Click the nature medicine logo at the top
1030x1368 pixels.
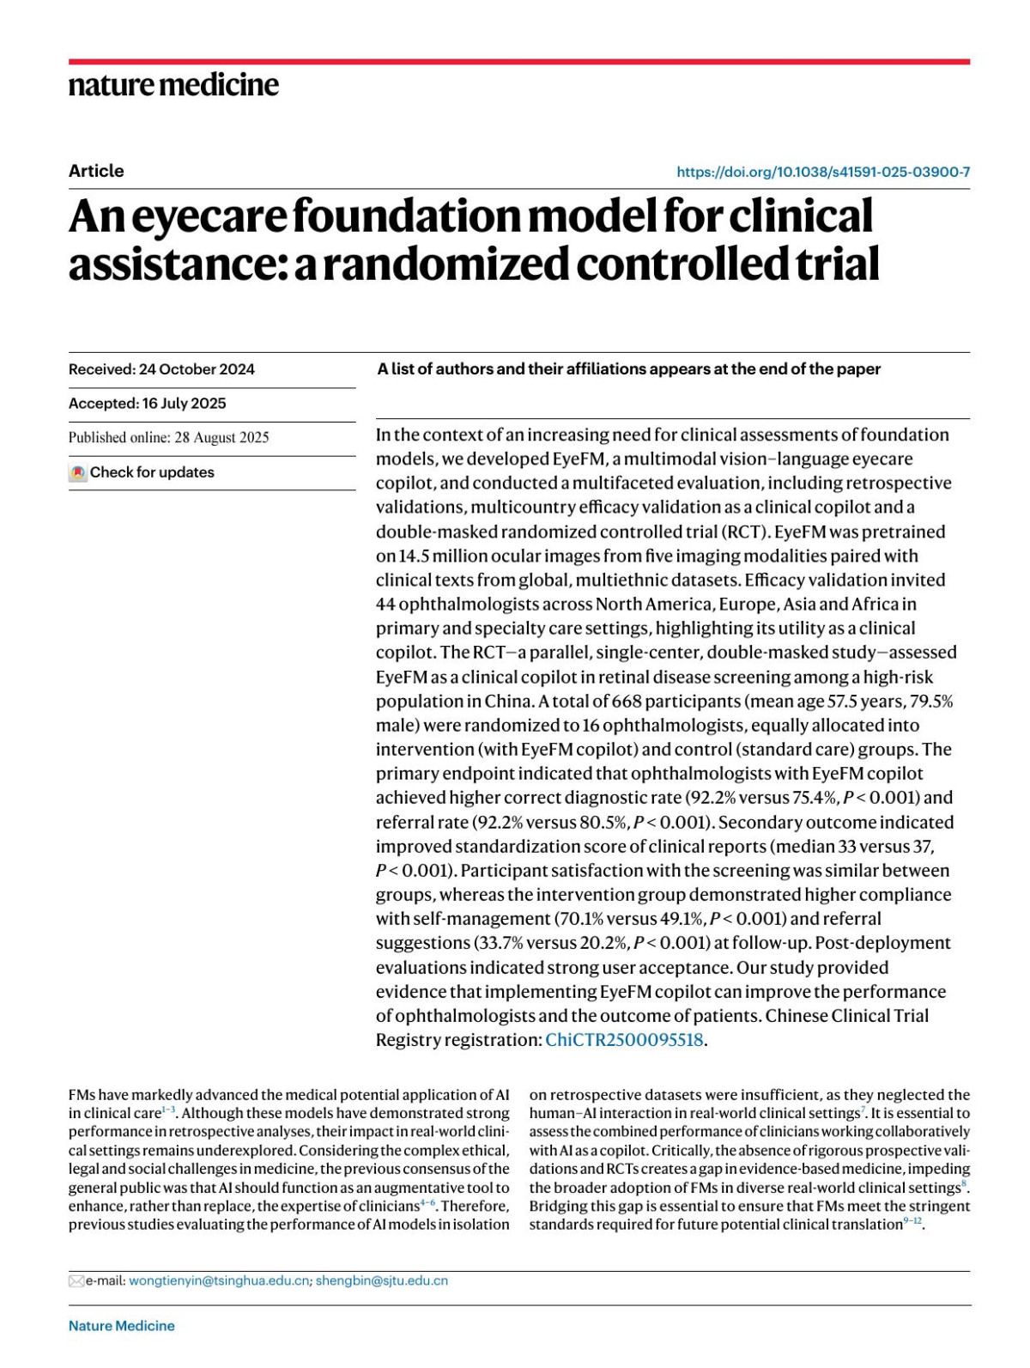click(173, 85)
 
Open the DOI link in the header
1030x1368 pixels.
click(823, 172)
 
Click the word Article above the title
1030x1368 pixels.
click(96, 171)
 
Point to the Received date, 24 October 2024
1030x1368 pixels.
click(197, 369)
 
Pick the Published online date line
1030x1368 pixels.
click(169, 438)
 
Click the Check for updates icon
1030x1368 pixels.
click(78, 473)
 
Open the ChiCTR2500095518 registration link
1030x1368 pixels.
click(624, 1040)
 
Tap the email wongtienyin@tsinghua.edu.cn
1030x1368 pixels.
click(219, 1280)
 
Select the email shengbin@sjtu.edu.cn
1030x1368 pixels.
click(382, 1280)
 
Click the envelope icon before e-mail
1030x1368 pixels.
click(76, 1281)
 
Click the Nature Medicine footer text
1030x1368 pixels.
click(122, 1326)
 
